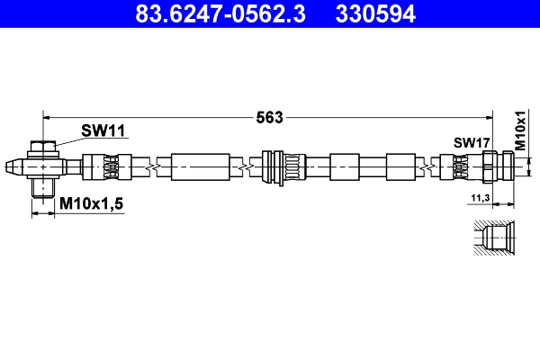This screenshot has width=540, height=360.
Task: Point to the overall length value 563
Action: (x=270, y=116)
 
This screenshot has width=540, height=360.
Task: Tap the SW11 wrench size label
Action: (x=103, y=131)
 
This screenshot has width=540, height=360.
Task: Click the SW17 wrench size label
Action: (x=471, y=142)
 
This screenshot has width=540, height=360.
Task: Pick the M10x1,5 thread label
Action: (x=91, y=205)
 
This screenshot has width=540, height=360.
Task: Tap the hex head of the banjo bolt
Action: (x=43, y=147)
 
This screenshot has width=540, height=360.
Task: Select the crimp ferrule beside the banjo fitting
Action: (x=100, y=166)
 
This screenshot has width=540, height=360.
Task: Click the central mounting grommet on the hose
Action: (x=279, y=166)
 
